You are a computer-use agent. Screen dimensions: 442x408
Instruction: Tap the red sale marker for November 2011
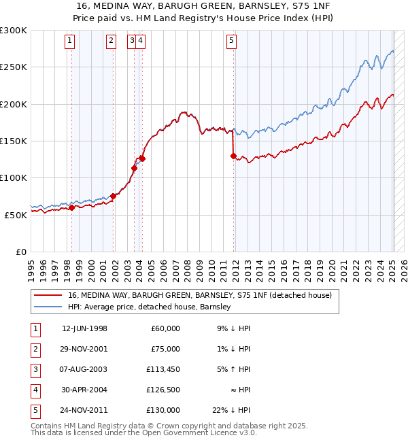tap(234, 156)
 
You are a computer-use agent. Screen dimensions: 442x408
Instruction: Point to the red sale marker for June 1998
tap(71, 207)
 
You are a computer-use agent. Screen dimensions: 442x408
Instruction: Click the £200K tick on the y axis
tap(14, 104)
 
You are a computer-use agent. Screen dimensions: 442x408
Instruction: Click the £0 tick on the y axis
tap(21, 252)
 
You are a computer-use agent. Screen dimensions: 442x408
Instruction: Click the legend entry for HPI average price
tap(150, 307)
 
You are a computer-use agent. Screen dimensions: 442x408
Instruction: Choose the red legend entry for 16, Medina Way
tap(199, 295)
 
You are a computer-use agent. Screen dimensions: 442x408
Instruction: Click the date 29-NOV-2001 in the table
tap(84, 349)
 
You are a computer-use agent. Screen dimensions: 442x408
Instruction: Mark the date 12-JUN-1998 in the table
tap(84, 328)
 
